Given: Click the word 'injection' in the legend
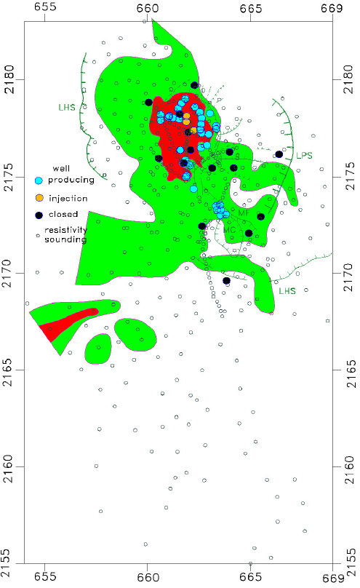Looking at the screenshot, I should tap(68, 197).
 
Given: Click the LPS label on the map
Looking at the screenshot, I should tap(305, 155).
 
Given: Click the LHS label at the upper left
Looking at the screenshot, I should tap(68, 107).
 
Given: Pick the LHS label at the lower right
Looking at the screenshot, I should tap(287, 290).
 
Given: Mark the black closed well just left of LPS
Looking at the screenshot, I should tap(279, 154).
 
